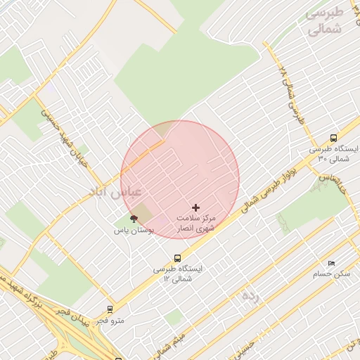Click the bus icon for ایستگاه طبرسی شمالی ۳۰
pos(333,139)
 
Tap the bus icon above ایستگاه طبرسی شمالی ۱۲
pos(177,258)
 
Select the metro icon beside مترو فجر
pos(110,309)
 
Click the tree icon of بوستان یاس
pos(134,219)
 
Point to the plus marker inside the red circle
pos(195,207)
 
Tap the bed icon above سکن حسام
pos(331,263)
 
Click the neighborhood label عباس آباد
pos(116,191)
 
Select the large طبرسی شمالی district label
pos(325,22)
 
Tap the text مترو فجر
pos(110,321)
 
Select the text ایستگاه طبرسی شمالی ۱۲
pos(178,274)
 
